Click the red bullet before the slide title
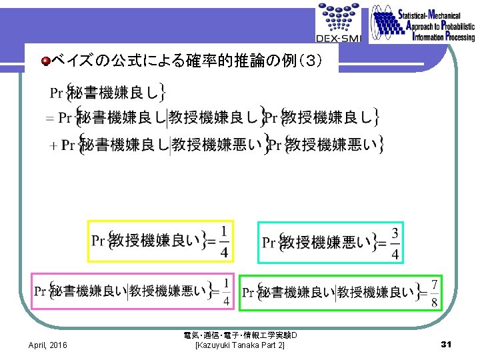(45, 62)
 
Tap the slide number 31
(447, 344)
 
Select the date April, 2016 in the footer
(47, 345)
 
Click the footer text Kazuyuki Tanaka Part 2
(239, 345)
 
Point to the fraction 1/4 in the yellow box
(224, 241)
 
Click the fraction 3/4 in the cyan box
(395, 243)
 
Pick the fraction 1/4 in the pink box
(227, 292)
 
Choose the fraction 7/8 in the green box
(435, 293)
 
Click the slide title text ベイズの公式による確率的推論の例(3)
(188, 62)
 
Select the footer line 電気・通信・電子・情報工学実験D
(239, 335)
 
